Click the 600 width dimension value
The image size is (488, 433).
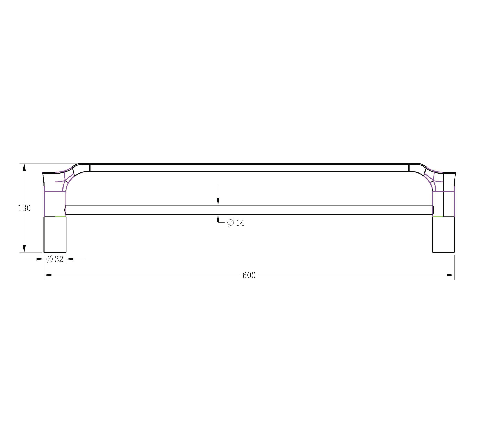click(x=249, y=275)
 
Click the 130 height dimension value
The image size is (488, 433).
click(x=24, y=208)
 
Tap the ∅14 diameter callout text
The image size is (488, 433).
click(x=236, y=223)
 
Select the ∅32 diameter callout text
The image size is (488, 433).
click(x=55, y=259)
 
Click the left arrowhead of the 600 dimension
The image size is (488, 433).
click(x=48, y=275)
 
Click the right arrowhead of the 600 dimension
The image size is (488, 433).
click(x=451, y=275)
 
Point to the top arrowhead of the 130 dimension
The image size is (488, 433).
click(x=24, y=167)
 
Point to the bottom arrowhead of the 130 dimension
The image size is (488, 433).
click(x=24, y=249)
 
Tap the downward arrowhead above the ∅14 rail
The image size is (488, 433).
click(x=218, y=201)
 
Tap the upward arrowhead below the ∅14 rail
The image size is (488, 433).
click(x=218, y=219)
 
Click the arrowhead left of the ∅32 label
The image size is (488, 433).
click(x=40, y=259)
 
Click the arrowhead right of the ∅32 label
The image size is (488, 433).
click(x=70, y=259)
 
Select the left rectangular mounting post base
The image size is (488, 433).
click(x=55, y=235)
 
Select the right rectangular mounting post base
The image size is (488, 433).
click(x=443, y=235)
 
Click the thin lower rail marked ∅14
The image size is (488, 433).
click(x=249, y=210)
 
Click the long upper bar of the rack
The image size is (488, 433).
click(x=249, y=168)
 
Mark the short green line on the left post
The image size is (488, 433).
click(x=60, y=217)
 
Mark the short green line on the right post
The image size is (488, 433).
click(x=438, y=217)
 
